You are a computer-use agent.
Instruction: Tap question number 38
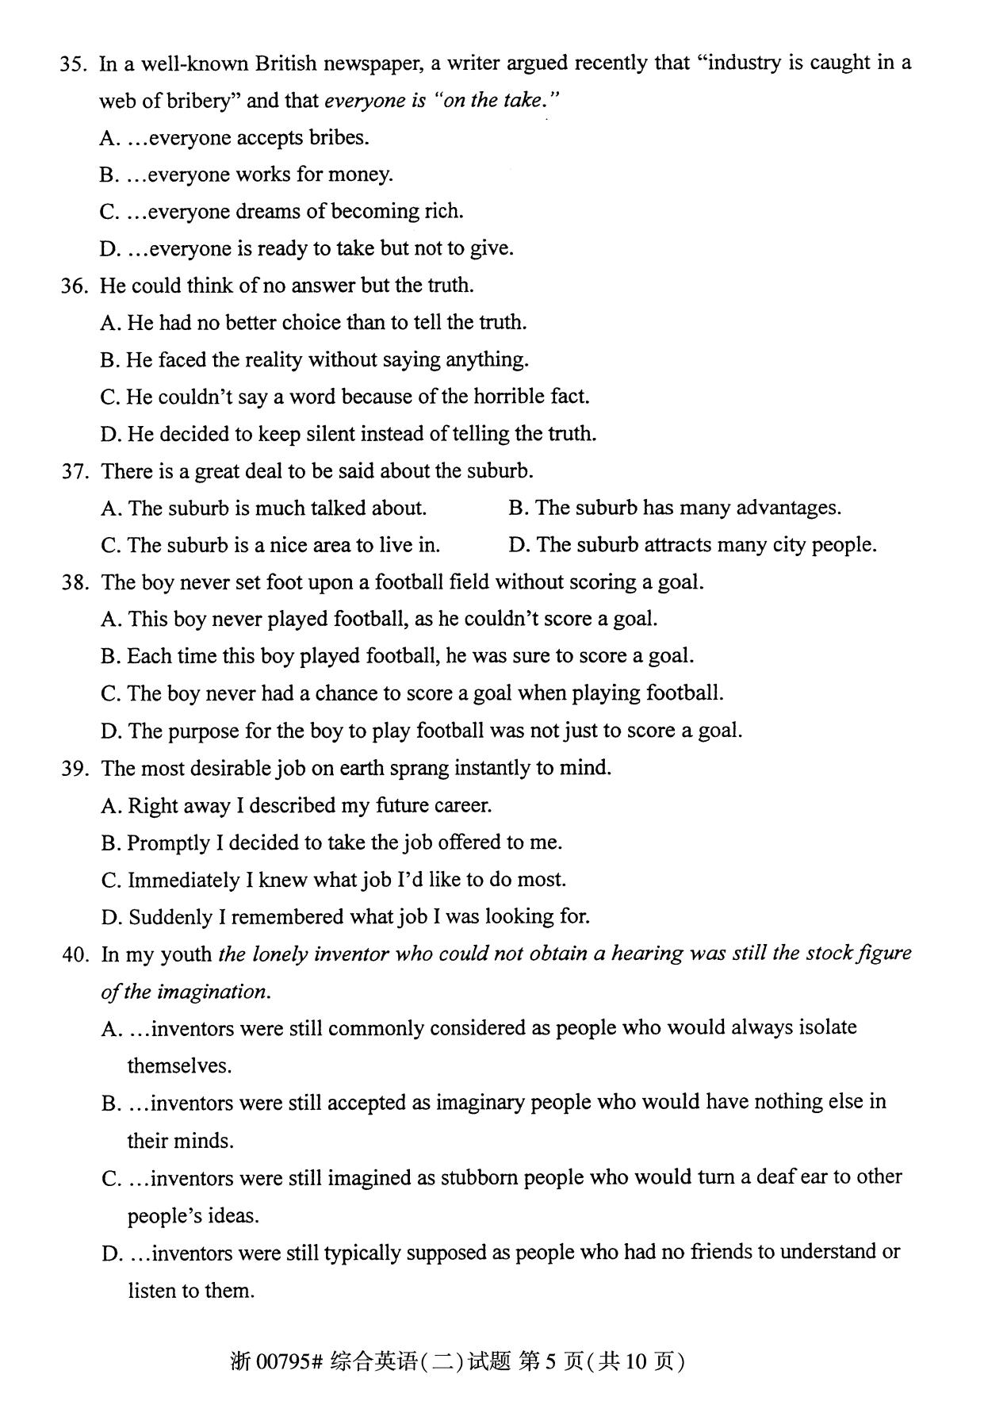click(75, 583)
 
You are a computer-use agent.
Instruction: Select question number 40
click(75, 954)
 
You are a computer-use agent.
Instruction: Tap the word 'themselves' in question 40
click(180, 1066)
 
